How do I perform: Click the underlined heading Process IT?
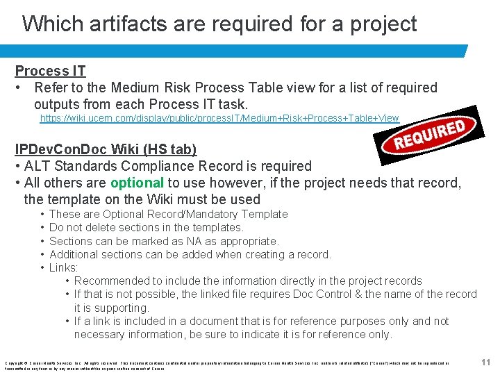51,71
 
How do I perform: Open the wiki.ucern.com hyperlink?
219,119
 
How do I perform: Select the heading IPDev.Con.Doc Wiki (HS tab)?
106,149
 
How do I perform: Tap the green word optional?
137,183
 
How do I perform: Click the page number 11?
486,362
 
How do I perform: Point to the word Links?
64,267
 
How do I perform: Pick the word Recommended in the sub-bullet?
108,281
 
